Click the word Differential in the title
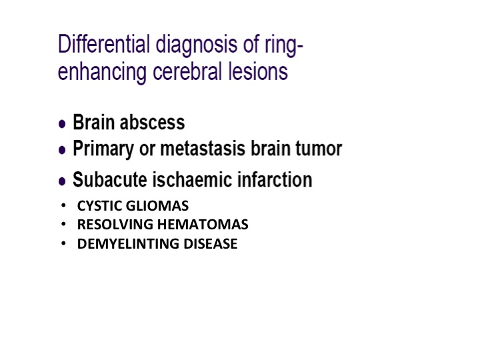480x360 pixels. (x=104, y=44)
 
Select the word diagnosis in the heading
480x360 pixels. (x=197, y=46)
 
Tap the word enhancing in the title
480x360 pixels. (x=102, y=73)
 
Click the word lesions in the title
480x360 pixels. (x=258, y=71)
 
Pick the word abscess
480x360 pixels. (x=152, y=123)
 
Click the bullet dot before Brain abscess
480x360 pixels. (x=62, y=124)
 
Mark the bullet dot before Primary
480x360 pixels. (x=62, y=150)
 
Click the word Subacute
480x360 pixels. (x=109, y=179)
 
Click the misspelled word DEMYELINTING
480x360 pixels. (x=128, y=244)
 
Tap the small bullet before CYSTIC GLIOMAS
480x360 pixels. (x=63, y=205)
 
